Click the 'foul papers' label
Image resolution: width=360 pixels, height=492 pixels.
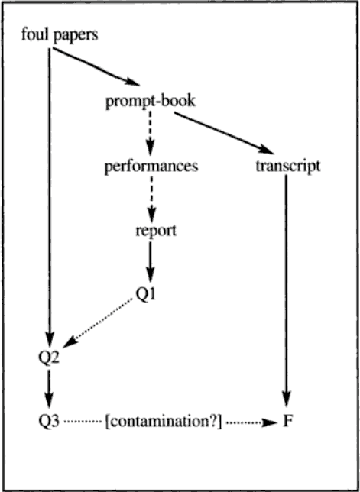click(x=60, y=36)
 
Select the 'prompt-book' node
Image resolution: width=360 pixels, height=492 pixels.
click(x=151, y=102)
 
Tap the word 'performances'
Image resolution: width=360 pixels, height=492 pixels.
click(x=151, y=167)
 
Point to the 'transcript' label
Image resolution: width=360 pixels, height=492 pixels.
click(x=288, y=167)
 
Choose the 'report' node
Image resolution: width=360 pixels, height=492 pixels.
click(x=156, y=231)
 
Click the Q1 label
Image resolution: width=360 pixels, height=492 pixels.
click(x=145, y=293)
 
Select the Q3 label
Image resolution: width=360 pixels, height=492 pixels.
click(x=47, y=423)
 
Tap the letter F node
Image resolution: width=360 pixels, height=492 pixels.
click(x=287, y=423)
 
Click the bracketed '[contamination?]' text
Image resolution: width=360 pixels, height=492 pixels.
click(x=164, y=423)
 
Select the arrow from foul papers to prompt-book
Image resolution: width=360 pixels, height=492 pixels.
click(x=96, y=66)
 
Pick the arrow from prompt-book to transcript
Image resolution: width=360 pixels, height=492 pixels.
click(x=224, y=133)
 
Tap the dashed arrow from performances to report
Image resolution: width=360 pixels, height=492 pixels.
click(x=151, y=199)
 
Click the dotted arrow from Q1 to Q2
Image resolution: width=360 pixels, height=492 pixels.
click(x=98, y=323)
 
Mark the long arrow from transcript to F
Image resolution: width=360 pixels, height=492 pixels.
click(x=287, y=288)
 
